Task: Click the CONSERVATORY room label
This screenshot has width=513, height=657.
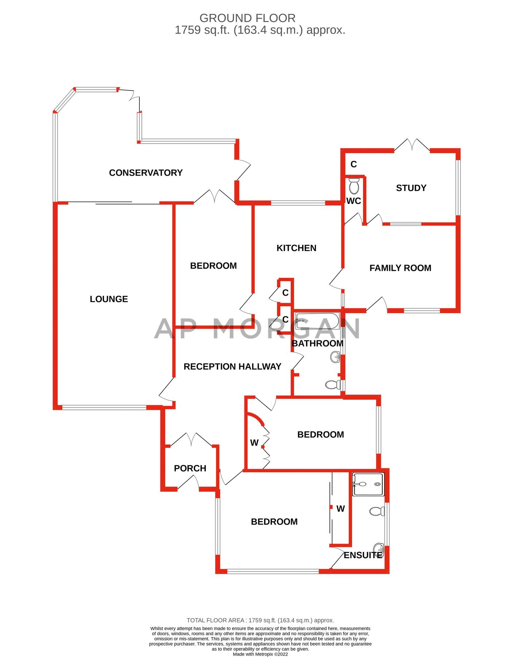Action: click(x=146, y=173)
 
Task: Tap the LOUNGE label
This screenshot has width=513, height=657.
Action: click(x=109, y=299)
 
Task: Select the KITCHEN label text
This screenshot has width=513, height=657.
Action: click(x=296, y=248)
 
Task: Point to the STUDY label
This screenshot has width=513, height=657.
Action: click(x=411, y=188)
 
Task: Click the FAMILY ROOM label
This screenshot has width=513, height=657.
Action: click(x=400, y=268)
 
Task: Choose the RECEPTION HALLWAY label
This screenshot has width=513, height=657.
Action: click(x=232, y=367)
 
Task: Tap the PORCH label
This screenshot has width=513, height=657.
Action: click(x=190, y=468)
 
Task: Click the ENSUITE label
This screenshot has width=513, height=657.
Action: click(x=363, y=555)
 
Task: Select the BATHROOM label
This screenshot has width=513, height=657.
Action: click(x=317, y=343)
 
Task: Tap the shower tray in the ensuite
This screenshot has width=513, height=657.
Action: click(x=368, y=484)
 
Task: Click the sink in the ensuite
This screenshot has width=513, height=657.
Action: click(x=379, y=549)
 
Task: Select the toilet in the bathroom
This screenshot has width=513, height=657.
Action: click(x=333, y=385)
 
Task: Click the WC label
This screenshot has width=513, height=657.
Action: click(x=354, y=201)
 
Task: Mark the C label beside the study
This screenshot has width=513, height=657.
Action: click(x=354, y=164)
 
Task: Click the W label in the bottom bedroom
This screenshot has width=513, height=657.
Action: click(x=340, y=509)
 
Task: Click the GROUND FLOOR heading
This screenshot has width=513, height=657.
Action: click(x=247, y=18)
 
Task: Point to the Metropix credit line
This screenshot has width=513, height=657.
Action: click(x=261, y=654)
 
